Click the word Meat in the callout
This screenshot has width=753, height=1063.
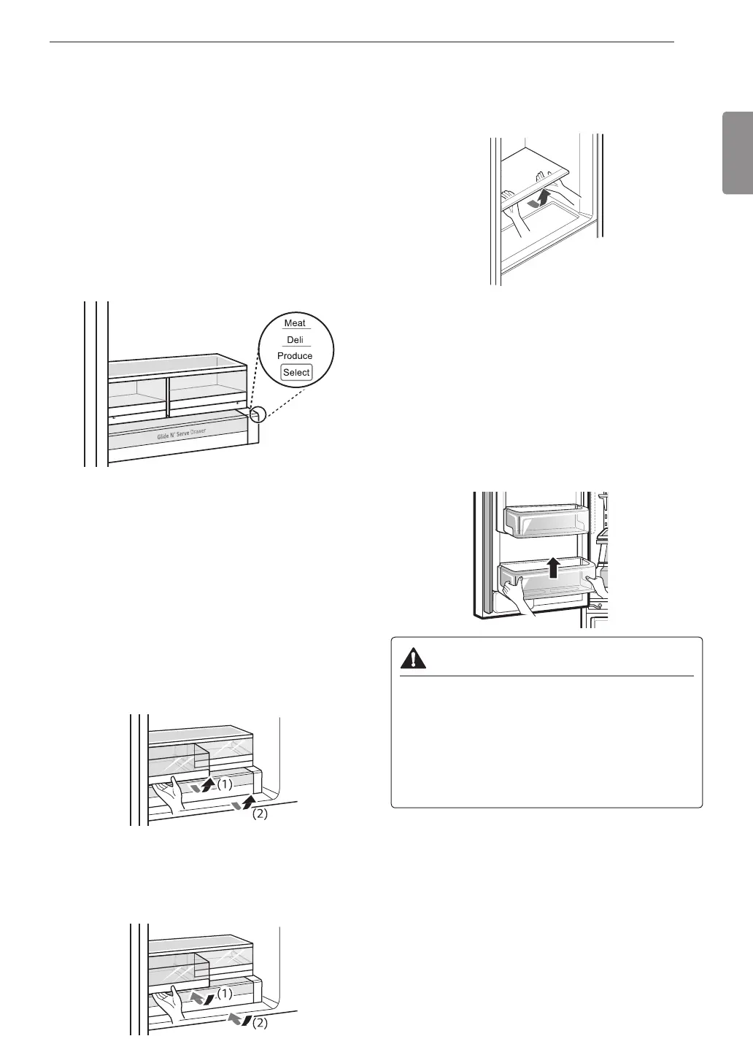click(x=295, y=323)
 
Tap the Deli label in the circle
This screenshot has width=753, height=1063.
click(x=295, y=340)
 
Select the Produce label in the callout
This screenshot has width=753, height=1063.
click(x=295, y=356)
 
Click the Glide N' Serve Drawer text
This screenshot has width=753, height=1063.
click(x=182, y=435)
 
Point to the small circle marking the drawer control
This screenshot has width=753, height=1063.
click(x=256, y=414)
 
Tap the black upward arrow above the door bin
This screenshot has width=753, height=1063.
click(x=554, y=567)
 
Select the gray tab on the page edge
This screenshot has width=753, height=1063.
click(x=738, y=152)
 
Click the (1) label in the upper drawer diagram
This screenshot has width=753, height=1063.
click(x=224, y=785)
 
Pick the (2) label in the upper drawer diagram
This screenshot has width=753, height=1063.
click(x=260, y=815)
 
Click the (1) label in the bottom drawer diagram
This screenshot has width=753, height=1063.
click(x=224, y=993)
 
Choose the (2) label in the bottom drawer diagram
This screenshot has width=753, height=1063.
click(x=260, y=1023)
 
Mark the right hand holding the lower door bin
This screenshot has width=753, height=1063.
click(x=598, y=584)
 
